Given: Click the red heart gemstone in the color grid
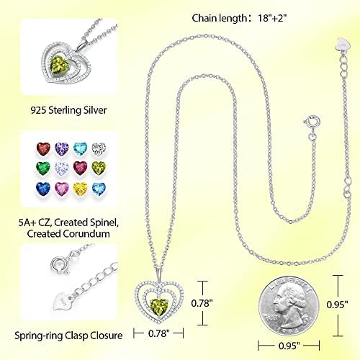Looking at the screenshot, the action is point(43,149).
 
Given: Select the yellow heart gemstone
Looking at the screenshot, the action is point(80,189).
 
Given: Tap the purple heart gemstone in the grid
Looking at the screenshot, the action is point(62,149).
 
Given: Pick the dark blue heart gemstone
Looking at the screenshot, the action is point(43,189).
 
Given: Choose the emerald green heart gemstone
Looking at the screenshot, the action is point(43,168).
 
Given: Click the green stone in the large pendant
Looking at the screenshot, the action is point(159,307).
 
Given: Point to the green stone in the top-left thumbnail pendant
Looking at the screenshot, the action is point(60,64).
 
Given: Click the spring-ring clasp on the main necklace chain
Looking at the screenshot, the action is point(312,121).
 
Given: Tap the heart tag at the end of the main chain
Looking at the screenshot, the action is point(343,44).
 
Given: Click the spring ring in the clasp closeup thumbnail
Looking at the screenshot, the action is point(58,264).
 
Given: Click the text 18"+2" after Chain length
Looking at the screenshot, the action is point(272,18).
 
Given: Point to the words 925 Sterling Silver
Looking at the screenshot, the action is point(68,110).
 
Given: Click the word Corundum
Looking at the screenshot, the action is point(87,233).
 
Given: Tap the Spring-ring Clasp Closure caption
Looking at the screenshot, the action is point(68,336).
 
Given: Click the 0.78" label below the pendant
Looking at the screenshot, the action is point(159,333).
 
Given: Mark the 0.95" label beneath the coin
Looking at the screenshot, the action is point(289,346).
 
